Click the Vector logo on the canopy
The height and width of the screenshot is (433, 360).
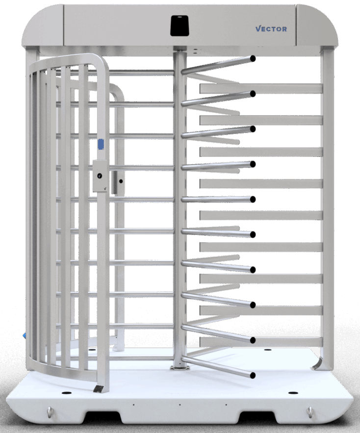271,29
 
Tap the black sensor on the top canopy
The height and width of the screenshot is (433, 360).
180,25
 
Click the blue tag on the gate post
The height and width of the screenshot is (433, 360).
101,144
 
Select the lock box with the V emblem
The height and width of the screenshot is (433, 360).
100,176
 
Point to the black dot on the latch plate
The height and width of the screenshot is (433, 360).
121,181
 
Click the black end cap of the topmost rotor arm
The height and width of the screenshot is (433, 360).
253,58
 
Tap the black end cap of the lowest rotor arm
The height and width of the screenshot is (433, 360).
253,375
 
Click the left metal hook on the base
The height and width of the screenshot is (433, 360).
50,412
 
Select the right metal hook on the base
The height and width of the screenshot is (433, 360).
309,412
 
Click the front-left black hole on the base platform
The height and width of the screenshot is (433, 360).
66,393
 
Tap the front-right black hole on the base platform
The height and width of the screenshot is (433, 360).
293,393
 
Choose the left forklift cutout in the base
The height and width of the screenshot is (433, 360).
103,417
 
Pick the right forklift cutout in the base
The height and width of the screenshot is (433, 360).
256,417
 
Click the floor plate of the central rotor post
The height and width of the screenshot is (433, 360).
180,368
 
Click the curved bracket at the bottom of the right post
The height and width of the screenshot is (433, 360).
317,364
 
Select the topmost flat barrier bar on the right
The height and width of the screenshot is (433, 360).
261,89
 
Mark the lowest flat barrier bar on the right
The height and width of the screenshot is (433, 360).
261,342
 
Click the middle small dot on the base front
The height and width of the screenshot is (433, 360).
180,405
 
